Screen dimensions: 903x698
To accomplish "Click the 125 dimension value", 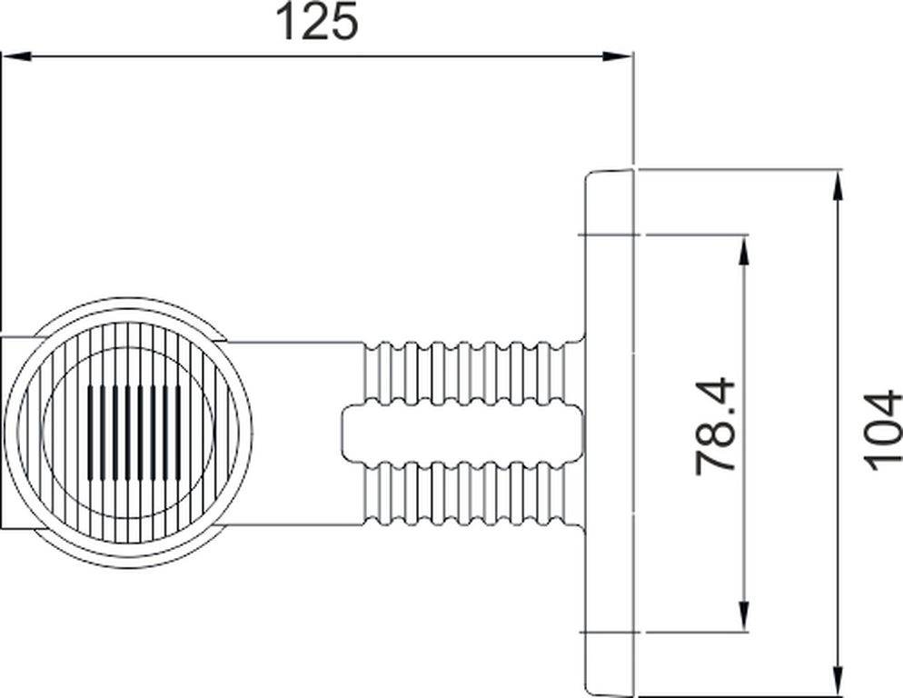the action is coord(317,22).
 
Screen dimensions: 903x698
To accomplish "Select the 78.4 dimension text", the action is coord(715,418).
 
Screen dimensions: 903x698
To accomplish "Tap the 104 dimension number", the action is coord(883,423).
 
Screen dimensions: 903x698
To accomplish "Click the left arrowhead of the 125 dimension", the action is coord(16,56).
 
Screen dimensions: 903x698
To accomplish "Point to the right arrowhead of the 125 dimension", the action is coord(618,56).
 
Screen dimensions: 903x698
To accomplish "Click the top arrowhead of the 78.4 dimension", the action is coord(743,250).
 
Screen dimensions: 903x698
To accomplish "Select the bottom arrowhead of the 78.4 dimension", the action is coord(743,616).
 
